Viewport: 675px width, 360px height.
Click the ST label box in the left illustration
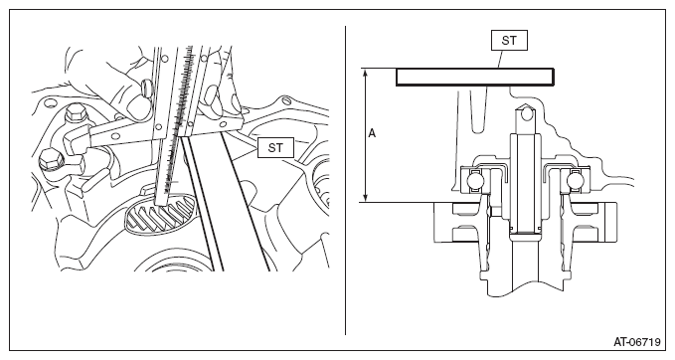point(275,148)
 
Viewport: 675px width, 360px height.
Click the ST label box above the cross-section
point(509,41)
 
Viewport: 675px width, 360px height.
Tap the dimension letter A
point(373,133)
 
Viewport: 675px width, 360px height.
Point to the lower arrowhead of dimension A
point(366,198)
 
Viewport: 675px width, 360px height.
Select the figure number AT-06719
point(636,342)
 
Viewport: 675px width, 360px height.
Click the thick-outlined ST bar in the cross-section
point(475,78)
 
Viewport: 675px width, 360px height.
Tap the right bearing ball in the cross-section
point(575,179)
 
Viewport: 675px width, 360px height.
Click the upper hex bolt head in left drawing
point(75,112)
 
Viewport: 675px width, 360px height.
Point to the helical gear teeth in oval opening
point(159,214)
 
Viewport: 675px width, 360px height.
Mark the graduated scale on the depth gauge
point(180,116)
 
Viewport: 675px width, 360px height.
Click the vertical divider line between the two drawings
point(345,180)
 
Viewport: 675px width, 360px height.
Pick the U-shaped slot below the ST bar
point(479,110)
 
